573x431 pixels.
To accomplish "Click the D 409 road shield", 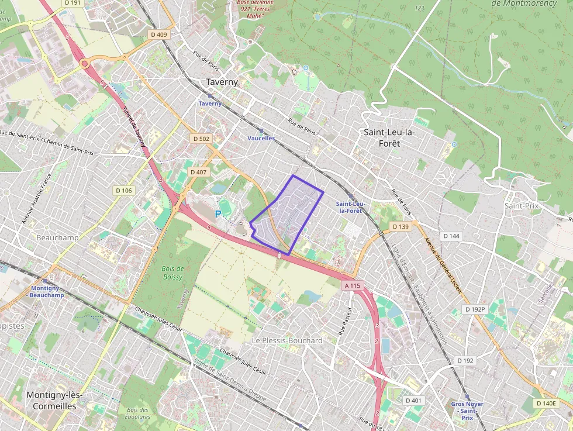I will pos(158,35).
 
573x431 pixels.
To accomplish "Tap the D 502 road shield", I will pos(201,139).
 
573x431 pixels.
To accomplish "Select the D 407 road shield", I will pos(199,172).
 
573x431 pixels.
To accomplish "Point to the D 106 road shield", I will pos(124,190).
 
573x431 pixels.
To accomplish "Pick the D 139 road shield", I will pos(401,226).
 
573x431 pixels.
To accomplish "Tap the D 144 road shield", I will pos(451,236).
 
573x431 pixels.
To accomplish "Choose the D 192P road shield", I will pos(475,309).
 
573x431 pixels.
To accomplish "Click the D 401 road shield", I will pos(413,400).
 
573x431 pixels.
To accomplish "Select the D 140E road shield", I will pos(547,403).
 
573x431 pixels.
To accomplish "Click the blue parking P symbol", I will pos(218,215).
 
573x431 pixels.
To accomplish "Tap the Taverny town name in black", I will pos(222,82).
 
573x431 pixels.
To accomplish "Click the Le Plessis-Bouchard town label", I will pos(287,340).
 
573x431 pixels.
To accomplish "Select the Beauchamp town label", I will pos(57,238).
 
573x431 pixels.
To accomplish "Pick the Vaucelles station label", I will pos(261,138).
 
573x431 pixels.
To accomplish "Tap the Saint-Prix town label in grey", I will pos(521,206).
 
